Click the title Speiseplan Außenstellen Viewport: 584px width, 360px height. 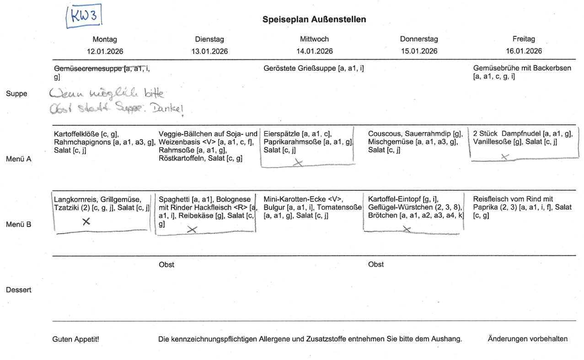314,20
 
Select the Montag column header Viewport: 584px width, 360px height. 105,39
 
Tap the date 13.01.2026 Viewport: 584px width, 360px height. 209,51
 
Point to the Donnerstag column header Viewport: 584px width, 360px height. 419,39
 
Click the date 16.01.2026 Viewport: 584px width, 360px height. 524,51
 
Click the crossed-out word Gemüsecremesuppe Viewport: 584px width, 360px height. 88,69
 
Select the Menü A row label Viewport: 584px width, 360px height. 18,159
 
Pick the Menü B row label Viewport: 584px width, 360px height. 18,225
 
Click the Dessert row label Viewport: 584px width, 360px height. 18,290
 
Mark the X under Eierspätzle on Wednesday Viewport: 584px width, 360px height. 299,162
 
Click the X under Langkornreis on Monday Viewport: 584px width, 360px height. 86,222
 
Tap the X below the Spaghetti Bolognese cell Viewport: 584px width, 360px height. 192,230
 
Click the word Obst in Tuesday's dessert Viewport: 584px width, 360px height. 166,264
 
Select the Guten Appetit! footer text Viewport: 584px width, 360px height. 76,339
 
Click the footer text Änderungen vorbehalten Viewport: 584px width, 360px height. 527,339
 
